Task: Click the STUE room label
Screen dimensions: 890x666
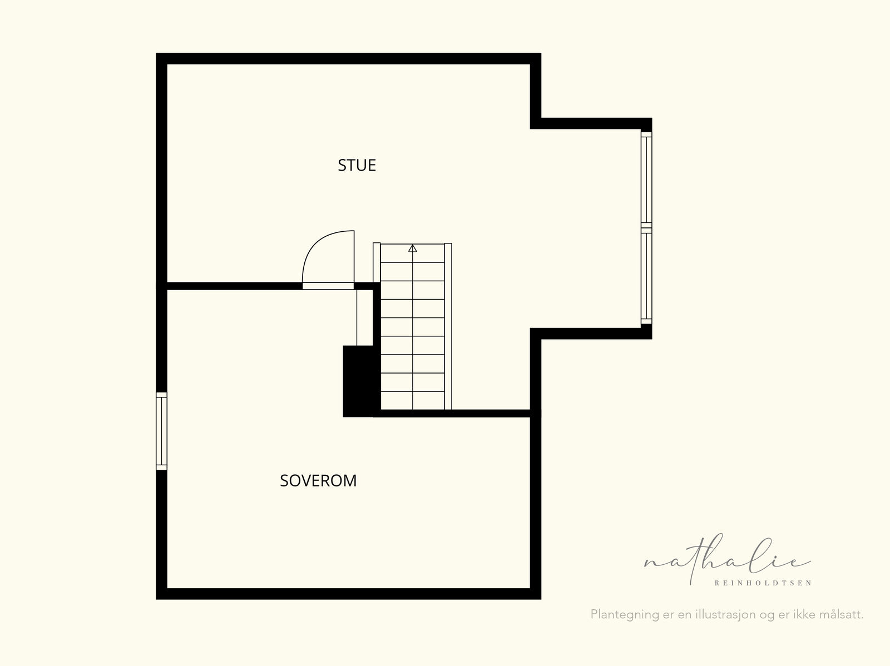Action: click(357, 165)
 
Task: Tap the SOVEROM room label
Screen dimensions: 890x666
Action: click(318, 481)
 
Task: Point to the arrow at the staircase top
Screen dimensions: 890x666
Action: click(412, 248)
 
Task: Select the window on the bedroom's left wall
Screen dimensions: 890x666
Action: click(161, 431)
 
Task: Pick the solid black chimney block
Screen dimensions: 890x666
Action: click(358, 381)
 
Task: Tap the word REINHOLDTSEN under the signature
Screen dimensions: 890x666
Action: click(763, 583)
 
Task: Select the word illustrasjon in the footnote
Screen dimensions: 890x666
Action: click(725, 614)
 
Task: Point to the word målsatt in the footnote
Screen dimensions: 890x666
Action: click(840, 614)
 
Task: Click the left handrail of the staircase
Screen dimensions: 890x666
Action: click(377, 262)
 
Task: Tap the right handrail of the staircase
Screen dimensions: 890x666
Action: click(448, 326)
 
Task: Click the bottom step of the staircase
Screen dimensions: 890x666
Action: click(412, 401)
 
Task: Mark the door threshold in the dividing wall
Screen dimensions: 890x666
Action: click(328, 286)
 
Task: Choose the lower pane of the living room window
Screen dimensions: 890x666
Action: click(646, 276)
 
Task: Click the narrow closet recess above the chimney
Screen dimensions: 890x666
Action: click(365, 317)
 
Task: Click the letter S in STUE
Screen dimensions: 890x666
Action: click(342, 165)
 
